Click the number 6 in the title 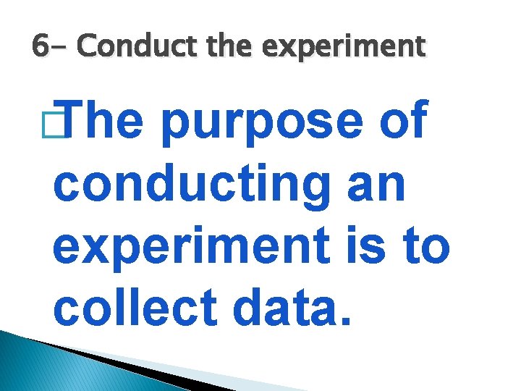coord(40,47)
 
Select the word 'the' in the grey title coord(228,47)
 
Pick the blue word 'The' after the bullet coord(109,122)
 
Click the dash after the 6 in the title coord(62,49)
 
